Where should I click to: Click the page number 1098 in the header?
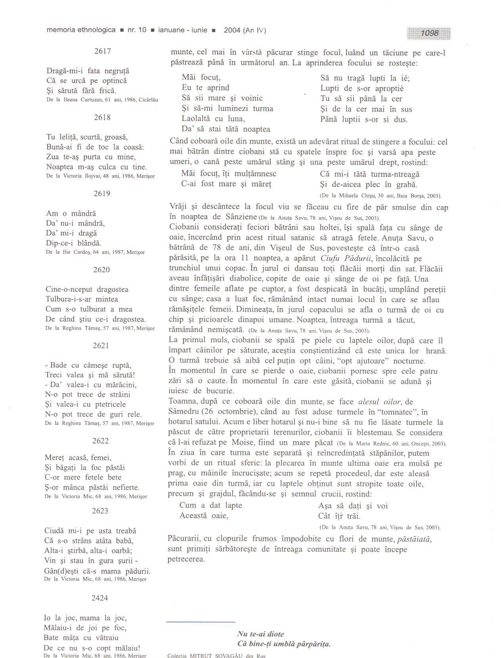tap(430, 33)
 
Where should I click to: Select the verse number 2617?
tap(103, 51)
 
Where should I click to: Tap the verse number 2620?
tap(101, 270)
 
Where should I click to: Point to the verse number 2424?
tap(100, 598)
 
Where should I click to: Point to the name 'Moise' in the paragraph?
tap(243, 443)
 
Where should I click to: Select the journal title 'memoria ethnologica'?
tap(81, 30)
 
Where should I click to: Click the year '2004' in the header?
tap(232, 30)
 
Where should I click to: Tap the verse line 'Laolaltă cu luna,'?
tap(213, 119)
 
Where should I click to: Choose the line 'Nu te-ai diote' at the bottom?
tap(260, 634)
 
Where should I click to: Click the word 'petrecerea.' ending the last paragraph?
tap(186, 559)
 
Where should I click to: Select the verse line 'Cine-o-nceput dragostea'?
tap(87, 289)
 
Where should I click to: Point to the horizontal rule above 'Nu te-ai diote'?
tap(201, 622)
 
